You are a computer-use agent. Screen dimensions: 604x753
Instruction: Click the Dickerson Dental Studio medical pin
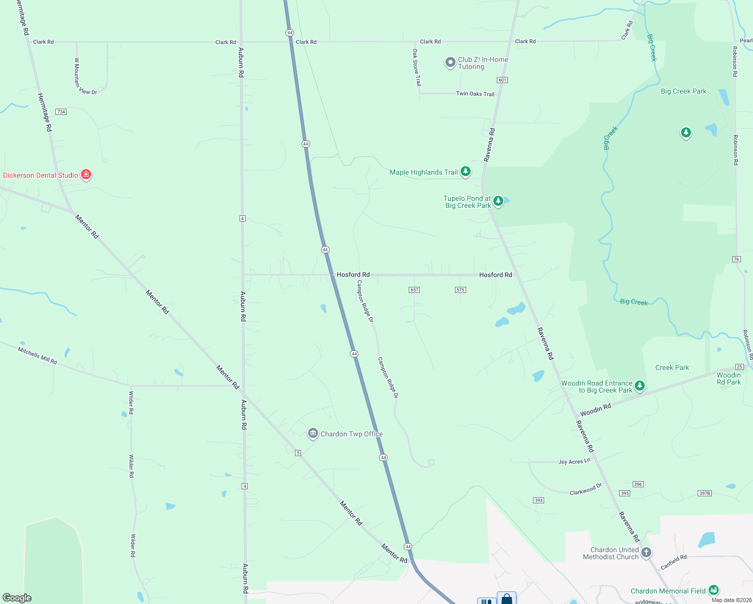point(86,175)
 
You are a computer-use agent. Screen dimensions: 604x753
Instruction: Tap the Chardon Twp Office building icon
point(313,433)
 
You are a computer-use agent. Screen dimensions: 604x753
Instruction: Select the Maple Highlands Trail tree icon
point(466,172)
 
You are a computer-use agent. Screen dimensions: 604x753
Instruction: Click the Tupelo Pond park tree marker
point(498,201)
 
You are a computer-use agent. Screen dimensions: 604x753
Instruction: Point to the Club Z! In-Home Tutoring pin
point(450,62)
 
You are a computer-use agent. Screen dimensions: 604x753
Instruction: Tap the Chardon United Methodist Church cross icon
point(646,552)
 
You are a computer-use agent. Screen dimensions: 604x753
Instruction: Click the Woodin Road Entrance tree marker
point(639,386)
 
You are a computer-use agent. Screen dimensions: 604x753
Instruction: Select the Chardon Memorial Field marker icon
point(713,590)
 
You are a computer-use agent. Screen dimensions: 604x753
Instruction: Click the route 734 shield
point(61,112)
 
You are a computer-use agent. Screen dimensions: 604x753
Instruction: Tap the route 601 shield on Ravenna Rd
point(502,80)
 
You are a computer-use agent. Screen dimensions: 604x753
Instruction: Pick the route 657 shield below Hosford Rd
point(414,290)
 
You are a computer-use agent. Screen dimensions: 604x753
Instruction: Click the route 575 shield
point(460,290)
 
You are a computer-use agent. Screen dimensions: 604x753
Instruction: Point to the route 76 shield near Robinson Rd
point(736,259)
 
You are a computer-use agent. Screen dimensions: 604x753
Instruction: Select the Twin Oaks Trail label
point(475,94)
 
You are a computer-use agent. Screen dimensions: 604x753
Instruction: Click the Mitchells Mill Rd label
point(38,355)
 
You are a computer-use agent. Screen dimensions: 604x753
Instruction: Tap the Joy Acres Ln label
point(574,462)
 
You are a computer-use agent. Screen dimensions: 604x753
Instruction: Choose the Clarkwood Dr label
point(586,489)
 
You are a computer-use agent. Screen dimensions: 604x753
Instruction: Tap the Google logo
point(17,598)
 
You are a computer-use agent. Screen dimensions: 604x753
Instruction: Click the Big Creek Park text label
point(684,91)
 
